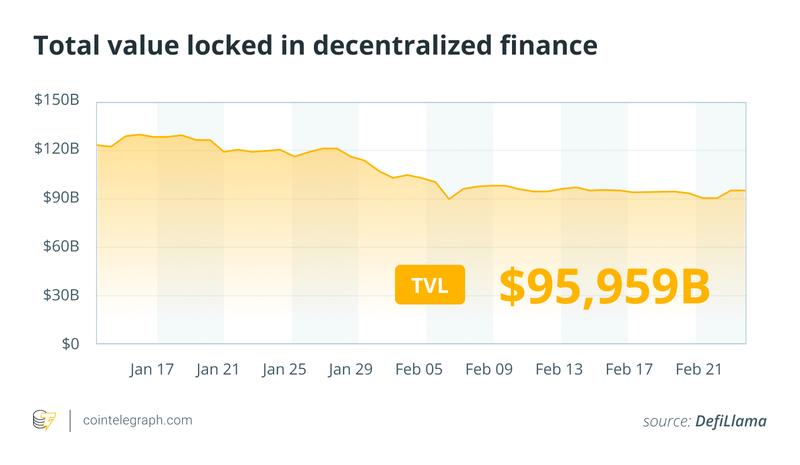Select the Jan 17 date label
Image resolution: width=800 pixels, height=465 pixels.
pos(152,370)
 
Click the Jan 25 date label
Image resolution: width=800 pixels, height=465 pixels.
pos(285,370)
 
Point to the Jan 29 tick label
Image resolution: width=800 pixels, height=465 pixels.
pos(350,370)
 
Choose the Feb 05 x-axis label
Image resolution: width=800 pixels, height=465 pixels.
pos(420,370)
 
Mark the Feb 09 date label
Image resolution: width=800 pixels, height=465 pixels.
pos(489,370)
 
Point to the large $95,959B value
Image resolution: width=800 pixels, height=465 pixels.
pos(605,284)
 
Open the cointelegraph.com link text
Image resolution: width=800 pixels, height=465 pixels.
pos(138,421)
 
